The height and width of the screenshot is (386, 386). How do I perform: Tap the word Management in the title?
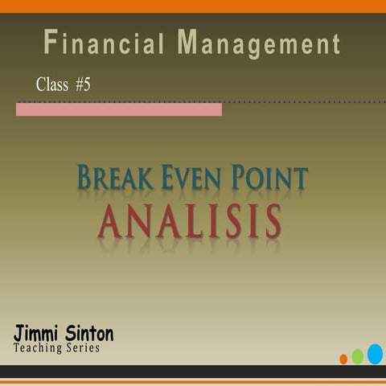coord(258,43)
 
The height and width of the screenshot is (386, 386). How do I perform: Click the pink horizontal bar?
coord(118,109)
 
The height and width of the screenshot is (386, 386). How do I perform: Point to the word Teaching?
coord(39,347)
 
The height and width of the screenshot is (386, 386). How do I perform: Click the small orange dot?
coord(343,359)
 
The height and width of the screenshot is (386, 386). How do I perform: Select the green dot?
coord(357,356)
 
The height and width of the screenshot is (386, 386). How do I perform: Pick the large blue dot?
coord(375,353)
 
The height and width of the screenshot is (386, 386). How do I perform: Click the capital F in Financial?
coord(51,42)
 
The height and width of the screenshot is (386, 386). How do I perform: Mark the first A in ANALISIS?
coord(112,220)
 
